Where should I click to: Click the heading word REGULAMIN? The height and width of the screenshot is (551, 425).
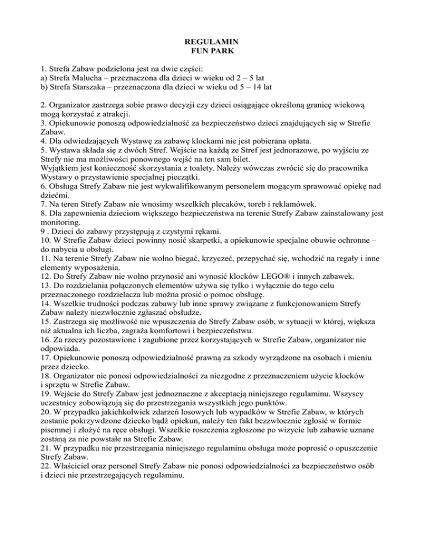(212, 42)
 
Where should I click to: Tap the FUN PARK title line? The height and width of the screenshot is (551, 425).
(212, 51)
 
